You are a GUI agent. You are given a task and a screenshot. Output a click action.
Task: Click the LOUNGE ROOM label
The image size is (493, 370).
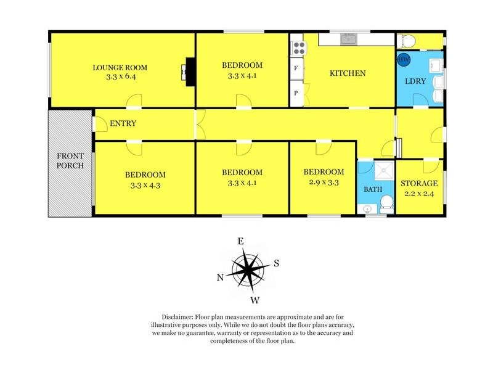(120, 67)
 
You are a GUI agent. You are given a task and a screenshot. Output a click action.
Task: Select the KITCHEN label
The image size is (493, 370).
(348, 73)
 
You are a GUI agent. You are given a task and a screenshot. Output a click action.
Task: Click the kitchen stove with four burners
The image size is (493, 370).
(298, 47)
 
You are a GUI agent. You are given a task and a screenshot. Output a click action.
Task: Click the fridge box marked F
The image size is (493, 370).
(296, 68)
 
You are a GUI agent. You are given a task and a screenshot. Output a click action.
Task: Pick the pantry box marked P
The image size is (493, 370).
(296, 93)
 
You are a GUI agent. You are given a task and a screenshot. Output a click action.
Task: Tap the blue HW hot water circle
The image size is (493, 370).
(404, 60)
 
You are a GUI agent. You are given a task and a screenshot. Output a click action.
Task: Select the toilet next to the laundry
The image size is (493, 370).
(407, 41)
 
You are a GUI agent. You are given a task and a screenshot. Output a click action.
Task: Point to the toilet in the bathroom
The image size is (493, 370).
(385, 203)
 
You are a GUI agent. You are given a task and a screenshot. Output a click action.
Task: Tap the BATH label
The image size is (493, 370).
(372, 189)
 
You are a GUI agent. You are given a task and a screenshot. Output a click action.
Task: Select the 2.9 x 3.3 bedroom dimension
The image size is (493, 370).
(323, 183)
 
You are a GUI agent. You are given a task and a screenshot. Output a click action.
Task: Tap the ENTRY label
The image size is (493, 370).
(123, 123)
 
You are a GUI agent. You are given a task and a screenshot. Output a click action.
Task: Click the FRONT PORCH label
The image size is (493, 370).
(70, 160)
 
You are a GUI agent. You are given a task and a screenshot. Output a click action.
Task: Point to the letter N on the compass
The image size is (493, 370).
(220, 277)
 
